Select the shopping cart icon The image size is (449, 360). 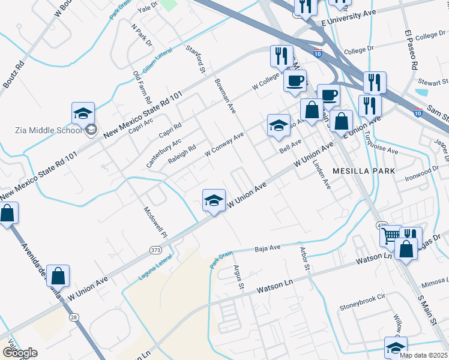391,235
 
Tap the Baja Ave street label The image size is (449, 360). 268,247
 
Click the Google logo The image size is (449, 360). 20,353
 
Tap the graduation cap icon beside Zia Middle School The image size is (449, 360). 83,113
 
